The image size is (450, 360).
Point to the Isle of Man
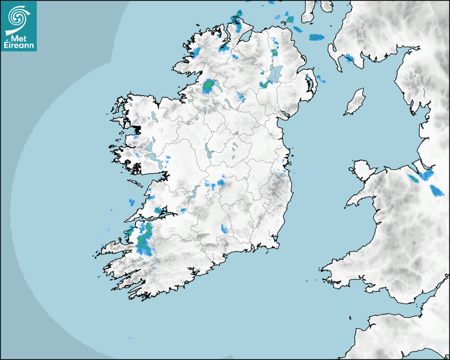coord(355,102)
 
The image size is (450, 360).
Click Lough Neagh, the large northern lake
coord(275,74)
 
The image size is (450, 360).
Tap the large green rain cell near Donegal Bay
coord(209,86)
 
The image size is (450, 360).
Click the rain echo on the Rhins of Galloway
coord(349,58)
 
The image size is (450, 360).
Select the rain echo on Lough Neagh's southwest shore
coord(263,85)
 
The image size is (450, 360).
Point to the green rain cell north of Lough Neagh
coord(275,53)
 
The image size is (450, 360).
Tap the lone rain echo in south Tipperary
coord(224,229)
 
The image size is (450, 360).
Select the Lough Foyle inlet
coord(245,35)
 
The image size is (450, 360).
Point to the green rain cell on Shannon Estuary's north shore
coord(158,210)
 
